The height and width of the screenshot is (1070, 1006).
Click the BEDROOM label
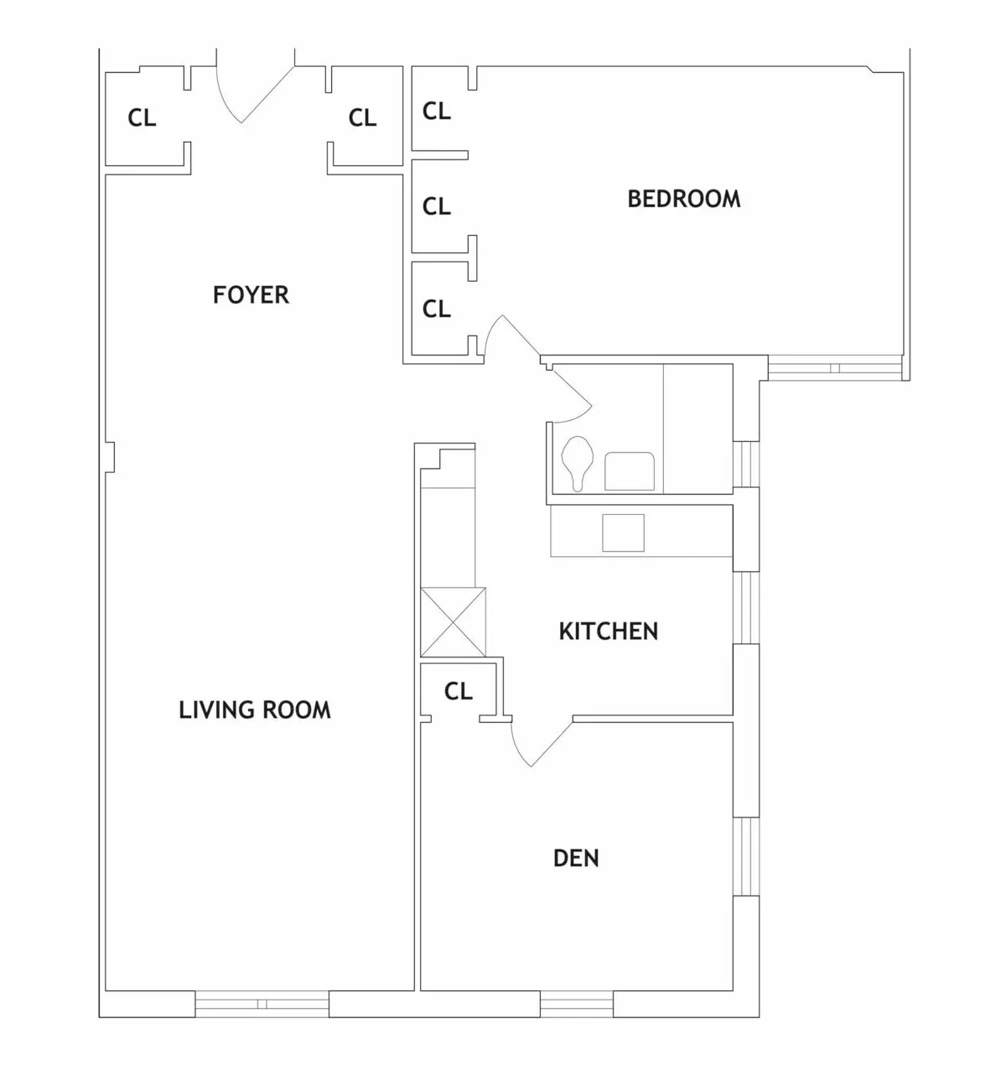[x=684, y=199]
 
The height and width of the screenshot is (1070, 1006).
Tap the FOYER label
[x=251, y=295]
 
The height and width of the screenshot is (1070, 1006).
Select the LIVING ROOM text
[x=255, y=710]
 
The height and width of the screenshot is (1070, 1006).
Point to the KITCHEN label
[x=608, y=631]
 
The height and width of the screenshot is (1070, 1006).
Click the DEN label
[x=577, y=859]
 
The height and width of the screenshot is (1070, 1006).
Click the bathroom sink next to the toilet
[x=630, y=471]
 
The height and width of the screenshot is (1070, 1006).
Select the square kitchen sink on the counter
[x=623, y=532]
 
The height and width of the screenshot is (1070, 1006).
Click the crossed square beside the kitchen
[x=453, y=621]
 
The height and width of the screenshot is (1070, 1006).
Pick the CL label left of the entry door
[x=142, y=118]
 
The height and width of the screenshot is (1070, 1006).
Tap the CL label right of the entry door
[x=363, y=118]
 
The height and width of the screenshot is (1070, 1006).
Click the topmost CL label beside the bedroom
[x=437, y=111]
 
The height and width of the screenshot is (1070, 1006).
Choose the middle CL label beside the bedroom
[x=437, y=206]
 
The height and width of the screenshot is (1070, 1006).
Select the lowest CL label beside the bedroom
[x=437, y=309]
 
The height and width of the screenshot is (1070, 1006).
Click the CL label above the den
[x=459, y=691]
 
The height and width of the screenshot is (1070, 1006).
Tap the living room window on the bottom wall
[x=262, y=1004]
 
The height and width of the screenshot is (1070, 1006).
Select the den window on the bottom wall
[x=577, y=1004]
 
